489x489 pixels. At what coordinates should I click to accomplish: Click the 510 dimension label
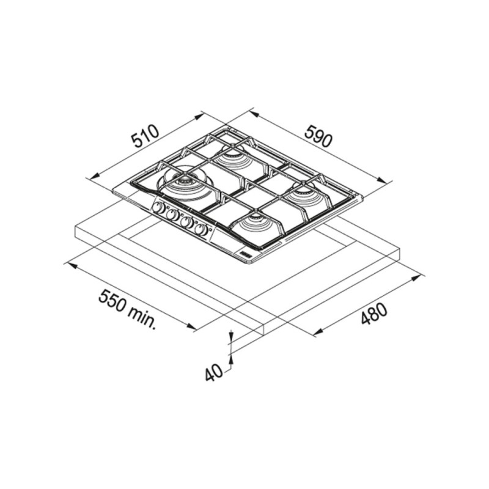tap(145, 136)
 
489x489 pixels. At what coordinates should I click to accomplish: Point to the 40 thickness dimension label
tap(215, 372)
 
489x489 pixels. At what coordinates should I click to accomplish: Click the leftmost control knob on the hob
tap(159, 207)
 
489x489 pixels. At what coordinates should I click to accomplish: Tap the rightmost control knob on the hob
tap(201, 230)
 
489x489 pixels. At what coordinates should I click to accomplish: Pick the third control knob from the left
tap(186, 222)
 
